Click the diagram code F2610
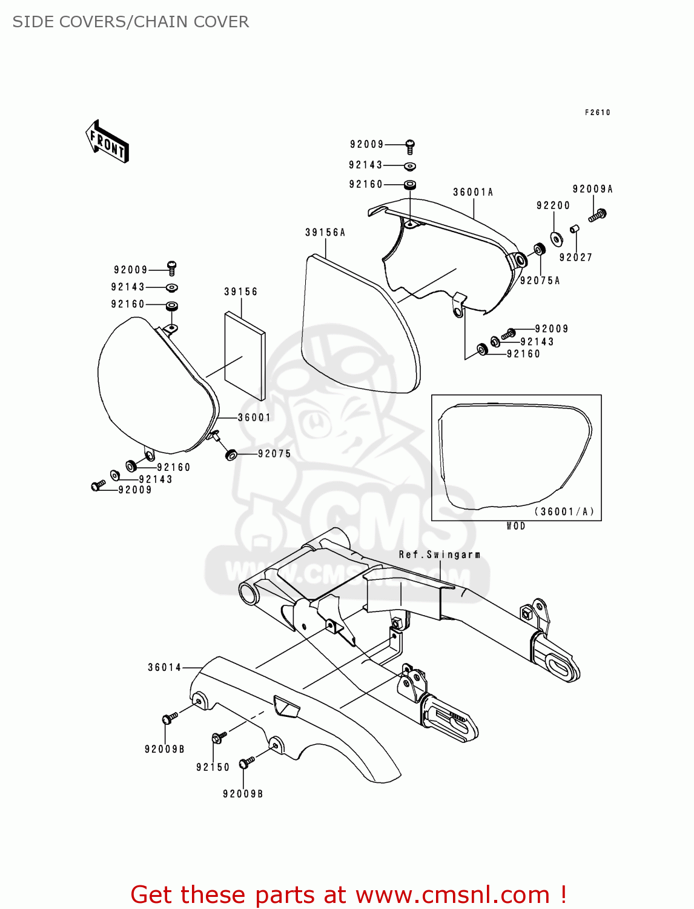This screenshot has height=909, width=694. click(x=597, y=113)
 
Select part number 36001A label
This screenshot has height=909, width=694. click(x=473, y=193)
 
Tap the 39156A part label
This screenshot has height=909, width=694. click(x=325, y=233)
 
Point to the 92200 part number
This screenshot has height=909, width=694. click(x=553, y=206)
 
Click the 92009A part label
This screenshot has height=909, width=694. click(x=592, y=190)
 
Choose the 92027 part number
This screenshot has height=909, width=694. click(x=575, y=258)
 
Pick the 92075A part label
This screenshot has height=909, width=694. click(x=540, y=281)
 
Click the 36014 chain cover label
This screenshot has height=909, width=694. click(x=165, y=668)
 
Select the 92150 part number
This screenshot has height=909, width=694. click(x=213, y=767)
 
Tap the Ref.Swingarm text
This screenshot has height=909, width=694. click(x=440, y=555)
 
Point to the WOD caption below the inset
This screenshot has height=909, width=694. click(x=516, y=527)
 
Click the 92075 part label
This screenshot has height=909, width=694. click(x=274, y=454)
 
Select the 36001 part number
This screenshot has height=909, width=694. click(x=254, y=418)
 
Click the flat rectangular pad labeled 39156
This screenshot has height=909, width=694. click(x=245, y=356)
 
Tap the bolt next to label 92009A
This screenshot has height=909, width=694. click(x=597, y=215)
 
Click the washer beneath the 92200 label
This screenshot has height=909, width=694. click(x=555, y=236)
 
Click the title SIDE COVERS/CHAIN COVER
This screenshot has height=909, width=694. click(x=131, y=22)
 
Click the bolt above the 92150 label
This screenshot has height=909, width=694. click(x=219, y=737)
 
